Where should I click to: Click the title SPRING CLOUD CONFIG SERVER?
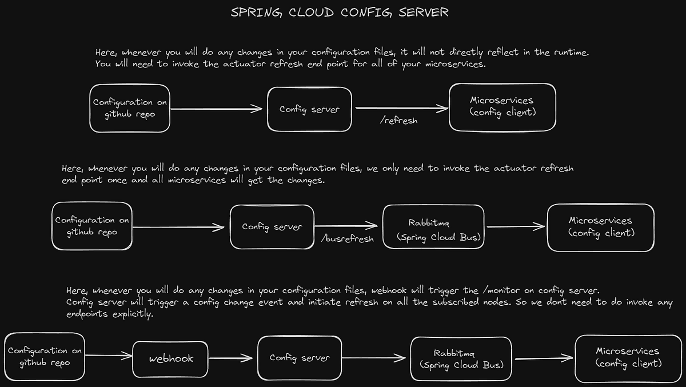click(340, 13)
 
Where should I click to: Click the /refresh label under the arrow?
click(398, 121)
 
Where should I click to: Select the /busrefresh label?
click(348, 238)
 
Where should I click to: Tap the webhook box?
click(171, 359)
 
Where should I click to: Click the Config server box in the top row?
click(309, 109)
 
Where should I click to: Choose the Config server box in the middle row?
click(272, 227)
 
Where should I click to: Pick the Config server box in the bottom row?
click(300, 358)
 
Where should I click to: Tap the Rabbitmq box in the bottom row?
click(461, 359)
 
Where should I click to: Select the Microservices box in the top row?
click(502, 107)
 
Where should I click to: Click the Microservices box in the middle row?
click(600, 227)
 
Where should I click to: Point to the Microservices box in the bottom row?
click(627, 358)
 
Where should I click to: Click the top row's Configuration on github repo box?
click(130, 108)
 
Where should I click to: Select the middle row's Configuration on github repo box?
click(92, 226)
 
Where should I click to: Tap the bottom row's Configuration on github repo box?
click(45, 356)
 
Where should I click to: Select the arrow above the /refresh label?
click(401, 107)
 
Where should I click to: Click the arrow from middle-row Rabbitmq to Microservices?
click(516, 226)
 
